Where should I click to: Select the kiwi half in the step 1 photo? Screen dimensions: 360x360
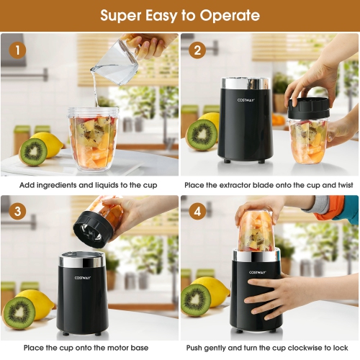click(33, 152)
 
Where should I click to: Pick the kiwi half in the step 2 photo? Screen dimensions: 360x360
click(202, 134)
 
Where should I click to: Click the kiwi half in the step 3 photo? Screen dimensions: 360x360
click(19, 312)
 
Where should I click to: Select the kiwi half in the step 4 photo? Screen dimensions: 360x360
click(197, 299)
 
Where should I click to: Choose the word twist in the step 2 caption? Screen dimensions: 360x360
click(343, 185)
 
